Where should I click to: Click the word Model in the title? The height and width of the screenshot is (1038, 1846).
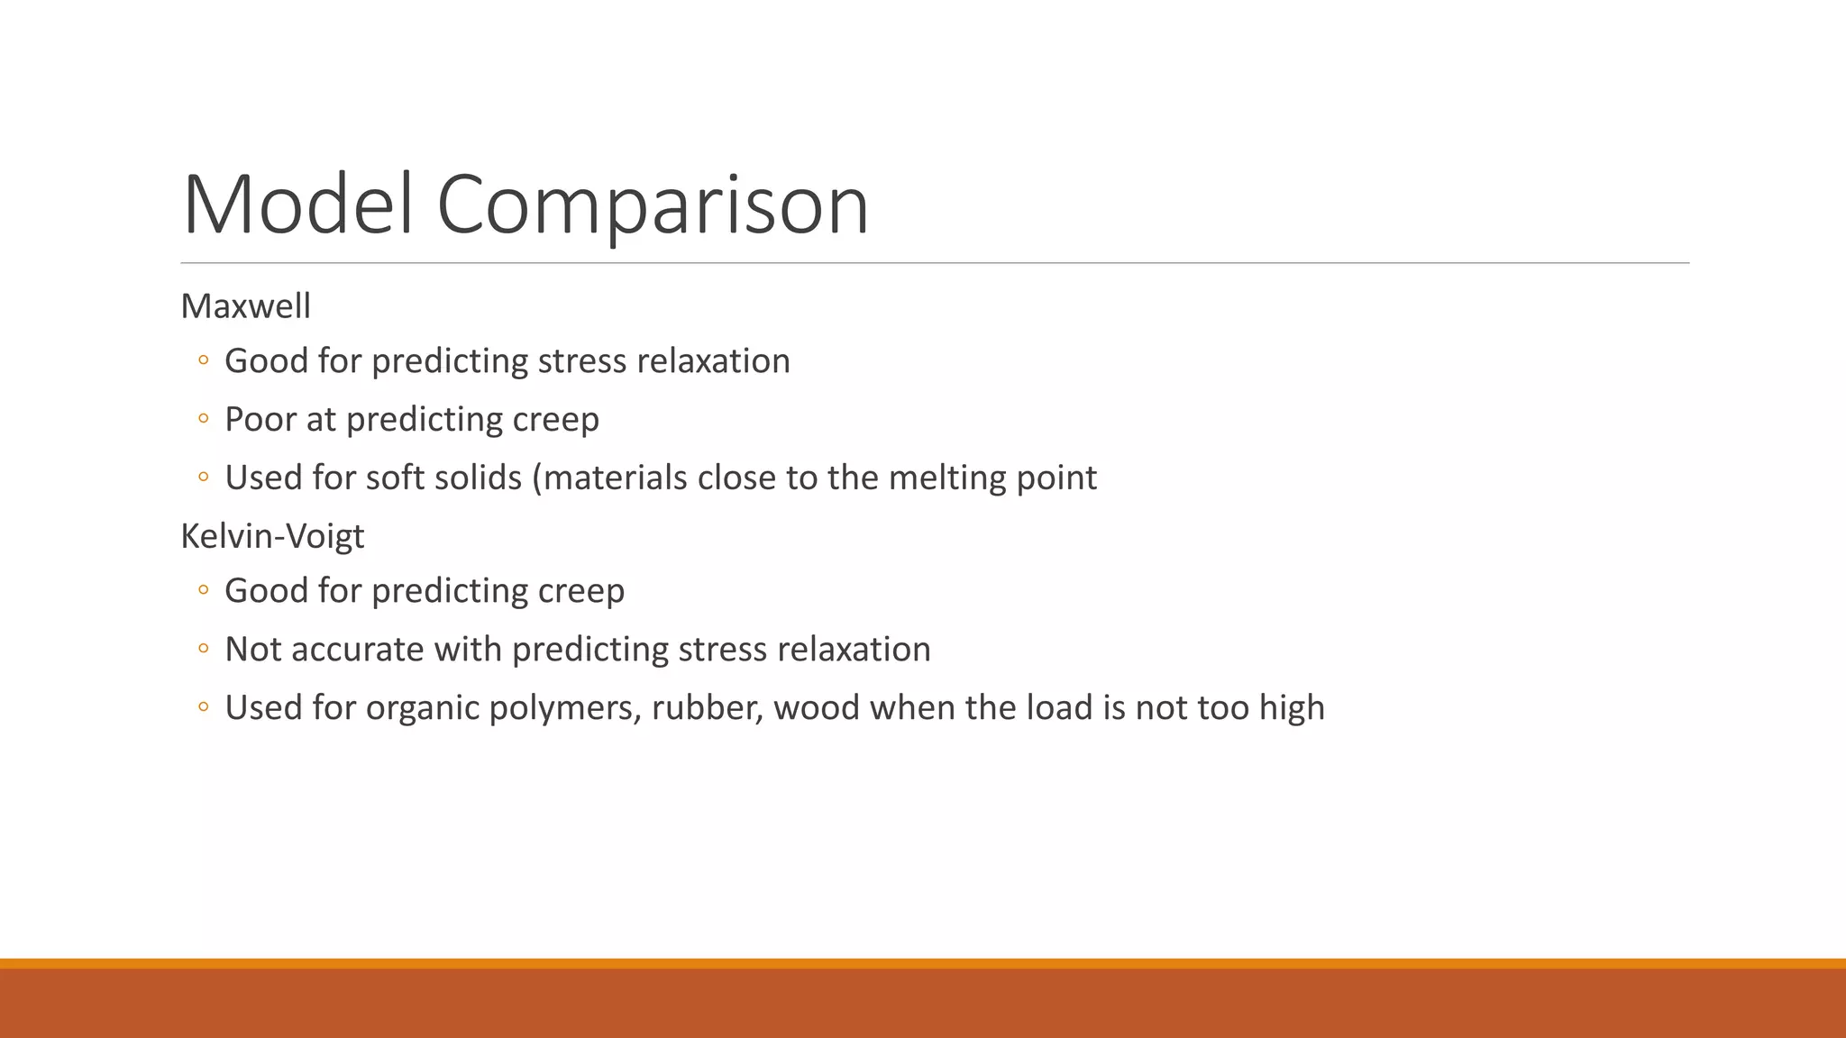tap(297, 205)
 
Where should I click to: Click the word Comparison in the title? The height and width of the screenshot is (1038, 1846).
tap(653, 206)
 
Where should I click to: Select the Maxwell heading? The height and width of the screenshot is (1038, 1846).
tap(245, 306)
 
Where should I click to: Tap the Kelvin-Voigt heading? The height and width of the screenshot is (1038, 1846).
tap(272, 536)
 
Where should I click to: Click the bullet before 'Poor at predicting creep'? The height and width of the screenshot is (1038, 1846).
tap(203, 419)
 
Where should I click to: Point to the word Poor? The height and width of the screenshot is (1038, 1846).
tap(260, 419)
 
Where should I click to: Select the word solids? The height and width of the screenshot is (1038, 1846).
tap(478, 478)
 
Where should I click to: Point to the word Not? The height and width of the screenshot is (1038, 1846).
tap(253, 649)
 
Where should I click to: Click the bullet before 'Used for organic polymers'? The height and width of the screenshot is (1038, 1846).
tap(203, 707)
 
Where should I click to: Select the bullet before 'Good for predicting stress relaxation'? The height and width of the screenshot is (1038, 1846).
tap(203, 360)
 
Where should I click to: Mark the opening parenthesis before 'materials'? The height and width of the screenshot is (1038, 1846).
tap(538, 478)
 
